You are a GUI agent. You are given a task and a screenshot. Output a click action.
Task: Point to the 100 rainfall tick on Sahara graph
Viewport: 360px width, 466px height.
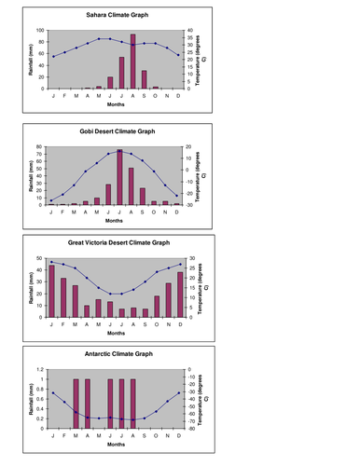tap(40, 30)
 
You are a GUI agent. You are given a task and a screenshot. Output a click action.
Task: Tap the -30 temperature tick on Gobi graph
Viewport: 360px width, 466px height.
tap(189, 205)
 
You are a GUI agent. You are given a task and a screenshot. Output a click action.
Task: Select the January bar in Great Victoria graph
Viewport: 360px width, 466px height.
tap(53, 292)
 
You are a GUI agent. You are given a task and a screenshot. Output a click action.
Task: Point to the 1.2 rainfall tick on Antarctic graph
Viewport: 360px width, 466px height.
tap(40, 370)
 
